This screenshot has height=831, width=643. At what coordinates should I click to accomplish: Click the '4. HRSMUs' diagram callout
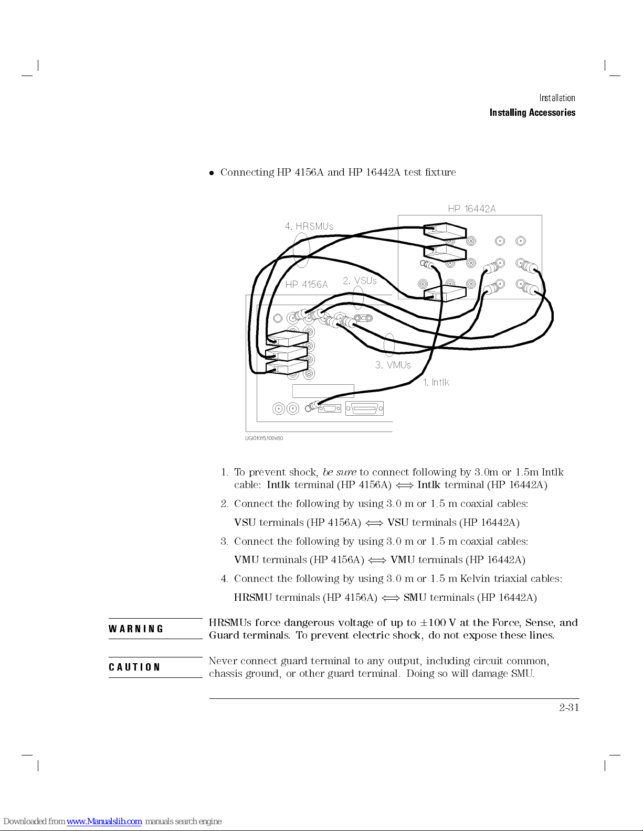(x=309, y=226)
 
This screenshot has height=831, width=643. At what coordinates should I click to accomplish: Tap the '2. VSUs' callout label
(x=360, y=280)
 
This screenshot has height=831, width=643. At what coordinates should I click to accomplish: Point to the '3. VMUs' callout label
(x=393, y=365)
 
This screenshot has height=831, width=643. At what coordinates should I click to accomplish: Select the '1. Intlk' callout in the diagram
(x=436, y=383)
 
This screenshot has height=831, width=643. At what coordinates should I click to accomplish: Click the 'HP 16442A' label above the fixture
(x=471, y=209)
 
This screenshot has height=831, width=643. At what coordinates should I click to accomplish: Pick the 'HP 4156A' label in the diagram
(x=306, y=285)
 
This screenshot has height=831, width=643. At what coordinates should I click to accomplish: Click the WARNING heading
(x=136, y=629)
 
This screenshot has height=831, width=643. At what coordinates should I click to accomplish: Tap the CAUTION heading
(x=134, y=667)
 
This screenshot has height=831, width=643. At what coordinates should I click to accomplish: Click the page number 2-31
(x=568, y=707)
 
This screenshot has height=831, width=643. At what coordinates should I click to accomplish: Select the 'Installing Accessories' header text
(x=532, y=113)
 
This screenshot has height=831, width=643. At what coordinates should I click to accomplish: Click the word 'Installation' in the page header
(x=557, y=98)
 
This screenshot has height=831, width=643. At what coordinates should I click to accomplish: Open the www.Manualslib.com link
(x=104, y=822)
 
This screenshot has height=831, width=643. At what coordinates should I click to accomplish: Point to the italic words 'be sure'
(x=339, y=472)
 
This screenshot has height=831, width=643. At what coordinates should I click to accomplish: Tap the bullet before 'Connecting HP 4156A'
(x=212, y=173)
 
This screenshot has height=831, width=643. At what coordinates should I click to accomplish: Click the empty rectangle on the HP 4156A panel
(x=323, y=391)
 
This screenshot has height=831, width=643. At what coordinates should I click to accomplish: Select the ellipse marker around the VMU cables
(x=389, y=344)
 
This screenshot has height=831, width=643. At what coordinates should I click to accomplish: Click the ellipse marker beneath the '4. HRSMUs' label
(x=301, y=250)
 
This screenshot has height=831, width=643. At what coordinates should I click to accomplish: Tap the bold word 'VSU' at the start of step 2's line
(x=245, y=523)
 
